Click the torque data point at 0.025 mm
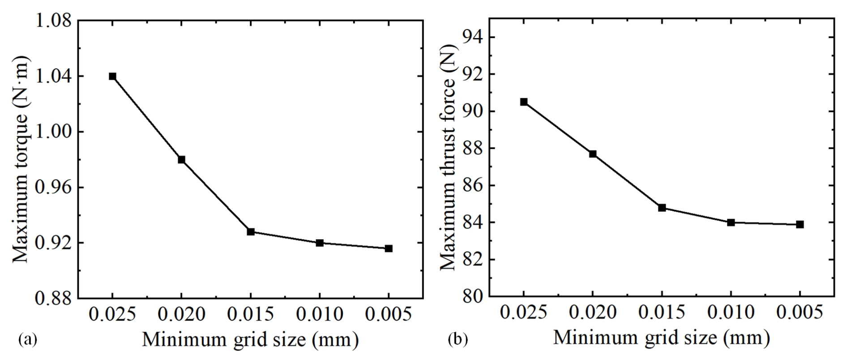click(112, 76)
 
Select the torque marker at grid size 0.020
click(181, 159)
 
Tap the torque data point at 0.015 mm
click(251, 231)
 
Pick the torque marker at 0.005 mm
click(389, 249)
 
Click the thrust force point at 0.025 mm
click(524, 102)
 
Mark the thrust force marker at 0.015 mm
click(662, 208)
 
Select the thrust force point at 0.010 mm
click(731, 223)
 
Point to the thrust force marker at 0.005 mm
click(800, 224)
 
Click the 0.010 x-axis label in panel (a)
click(320, 314)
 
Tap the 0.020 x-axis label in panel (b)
click(593, 313)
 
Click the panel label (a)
click(28, 340)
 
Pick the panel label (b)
click(458, 340)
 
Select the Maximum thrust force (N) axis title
click(448, 159)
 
